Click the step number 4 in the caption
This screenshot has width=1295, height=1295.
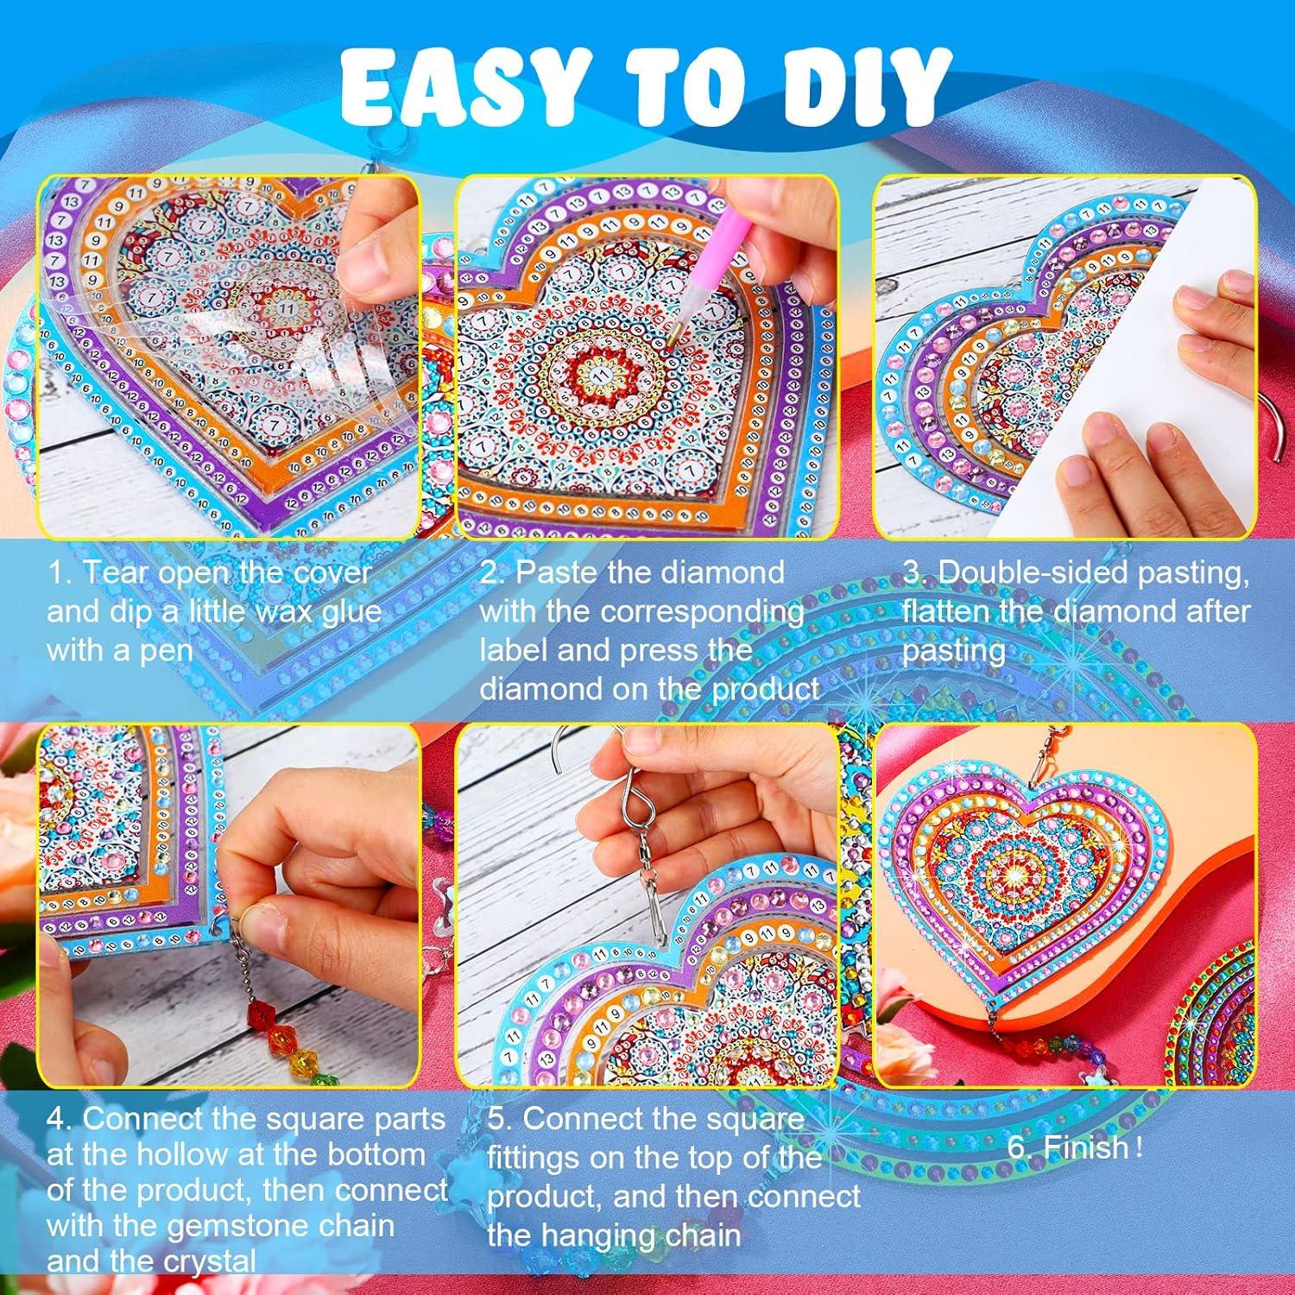(57, 1119)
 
